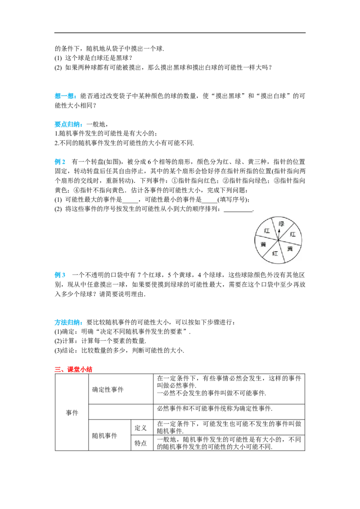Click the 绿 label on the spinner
282,224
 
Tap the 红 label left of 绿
267,231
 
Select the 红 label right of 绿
293,234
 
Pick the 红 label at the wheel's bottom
275,253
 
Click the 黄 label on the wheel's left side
263,244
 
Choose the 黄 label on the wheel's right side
290,248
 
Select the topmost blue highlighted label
66,96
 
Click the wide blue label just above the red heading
68,322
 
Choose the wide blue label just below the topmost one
68,125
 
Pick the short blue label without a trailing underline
61,161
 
